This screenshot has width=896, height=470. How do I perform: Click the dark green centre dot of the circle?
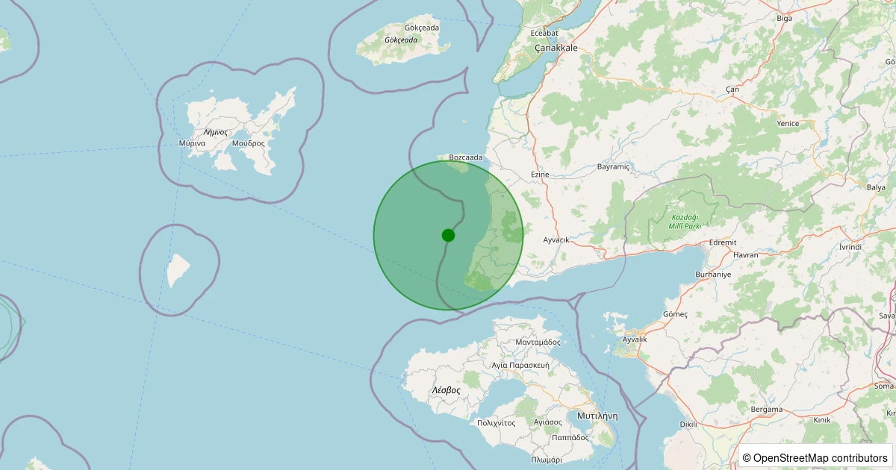click(448, 235)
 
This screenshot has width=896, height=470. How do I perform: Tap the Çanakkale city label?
click(556, 48)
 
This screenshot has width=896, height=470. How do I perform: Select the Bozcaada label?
click(466, 157)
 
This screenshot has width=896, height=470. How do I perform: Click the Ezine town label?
click(539, 175)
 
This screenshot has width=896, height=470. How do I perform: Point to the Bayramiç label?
click(614, 167)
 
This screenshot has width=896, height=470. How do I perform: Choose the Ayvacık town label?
click(556, 239)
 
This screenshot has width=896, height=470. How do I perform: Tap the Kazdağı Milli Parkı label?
click(685, 221)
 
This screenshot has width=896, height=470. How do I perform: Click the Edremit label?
click(723, 242)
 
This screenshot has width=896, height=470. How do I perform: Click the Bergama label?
click(767, 409)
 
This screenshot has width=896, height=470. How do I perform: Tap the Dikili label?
click(688, 424)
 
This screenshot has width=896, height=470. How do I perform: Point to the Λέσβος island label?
click(446, 390)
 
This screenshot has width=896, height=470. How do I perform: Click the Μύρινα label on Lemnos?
click(193, 142)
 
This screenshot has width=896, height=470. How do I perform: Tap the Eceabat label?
click(544, 33)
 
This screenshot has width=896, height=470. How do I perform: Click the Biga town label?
click(784, 18)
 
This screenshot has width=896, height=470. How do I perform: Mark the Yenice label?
click(788, 124)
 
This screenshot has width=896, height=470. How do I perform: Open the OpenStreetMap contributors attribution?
click(816, 457)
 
